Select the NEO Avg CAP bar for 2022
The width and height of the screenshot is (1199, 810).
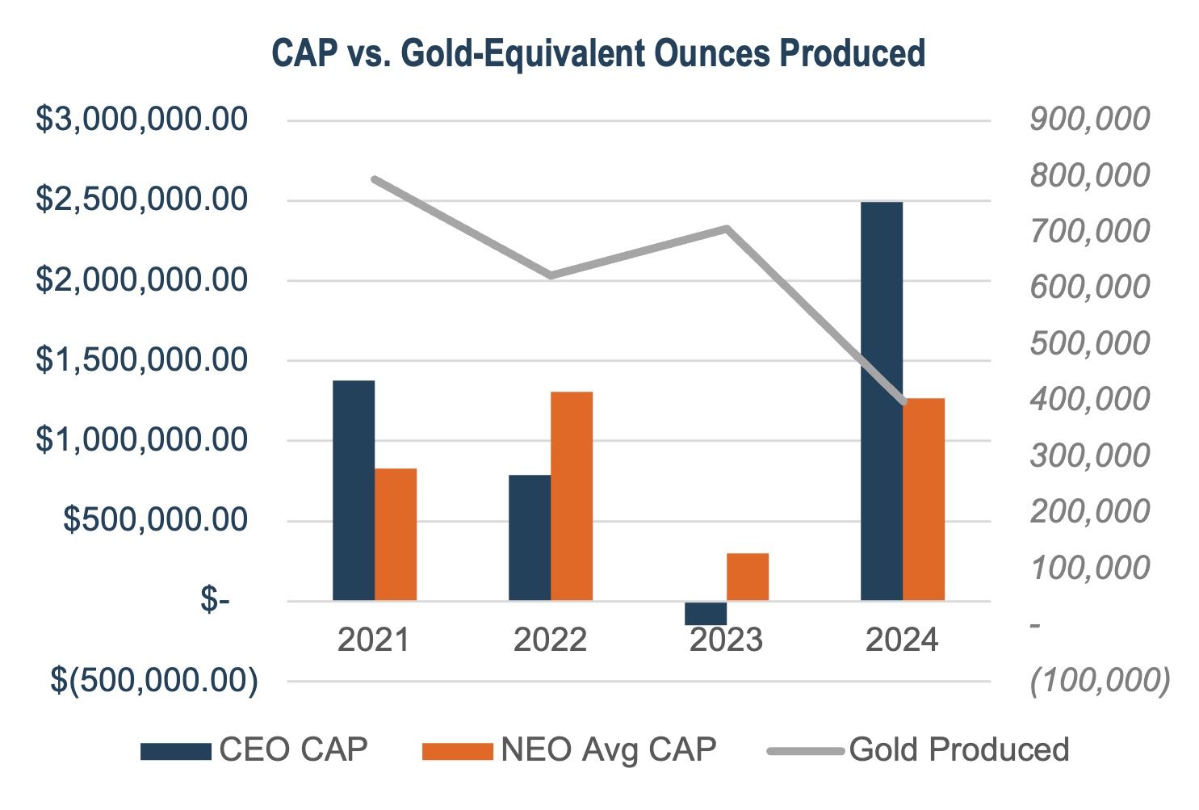click(572, 496)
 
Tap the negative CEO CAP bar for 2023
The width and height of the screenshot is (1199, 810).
click(705, 613)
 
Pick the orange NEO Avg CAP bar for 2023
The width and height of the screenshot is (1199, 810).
click(747, 577)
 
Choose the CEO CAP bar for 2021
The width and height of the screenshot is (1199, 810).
click(354, 490)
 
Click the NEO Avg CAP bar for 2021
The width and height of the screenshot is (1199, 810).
click(396, 534)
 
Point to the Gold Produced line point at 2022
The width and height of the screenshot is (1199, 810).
click(551, 275)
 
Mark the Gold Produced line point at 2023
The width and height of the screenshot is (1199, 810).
click(727, 229)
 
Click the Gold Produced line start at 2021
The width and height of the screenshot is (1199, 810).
click(375, 178)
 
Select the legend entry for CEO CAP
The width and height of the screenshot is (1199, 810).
click(254, 749)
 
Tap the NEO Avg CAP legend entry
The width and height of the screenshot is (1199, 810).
click(569, 749)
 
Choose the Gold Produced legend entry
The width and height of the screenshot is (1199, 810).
click(919, 749)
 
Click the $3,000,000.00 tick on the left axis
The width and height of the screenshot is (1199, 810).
click(141, 120)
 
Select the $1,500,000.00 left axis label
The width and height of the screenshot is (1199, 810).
click(141, 359)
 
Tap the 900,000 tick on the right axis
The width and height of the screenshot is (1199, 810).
click(1089, 120)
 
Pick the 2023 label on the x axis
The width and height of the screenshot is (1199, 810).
click(726, 640)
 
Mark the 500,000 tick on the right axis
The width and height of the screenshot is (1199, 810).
click(1089, 343)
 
